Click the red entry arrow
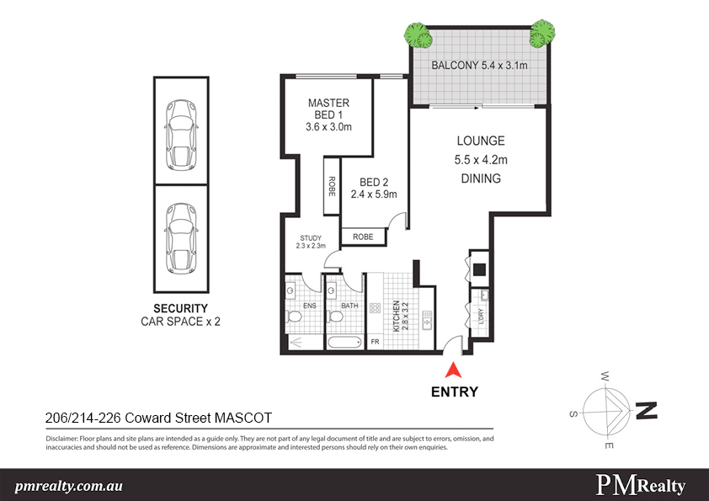click(x=454, y=369)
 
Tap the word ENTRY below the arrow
click(x=454, y=392)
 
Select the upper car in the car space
click(x=179, y=129)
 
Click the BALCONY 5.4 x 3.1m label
click(x=479, y=66)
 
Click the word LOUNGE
click(x=480, y=141)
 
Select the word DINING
click(x=480, y=179)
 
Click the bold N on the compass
click(x=646, y=411)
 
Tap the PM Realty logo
click(x=640, y=485)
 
